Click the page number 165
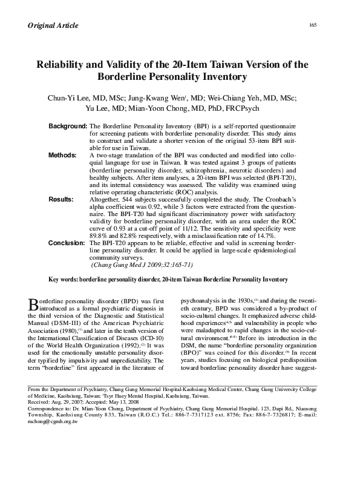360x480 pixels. coord(313,25)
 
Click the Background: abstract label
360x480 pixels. coord(68,125)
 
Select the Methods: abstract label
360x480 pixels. coord(62,155)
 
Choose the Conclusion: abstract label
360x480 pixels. coord(67,242)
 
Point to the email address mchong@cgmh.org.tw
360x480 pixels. coord(53,438)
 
